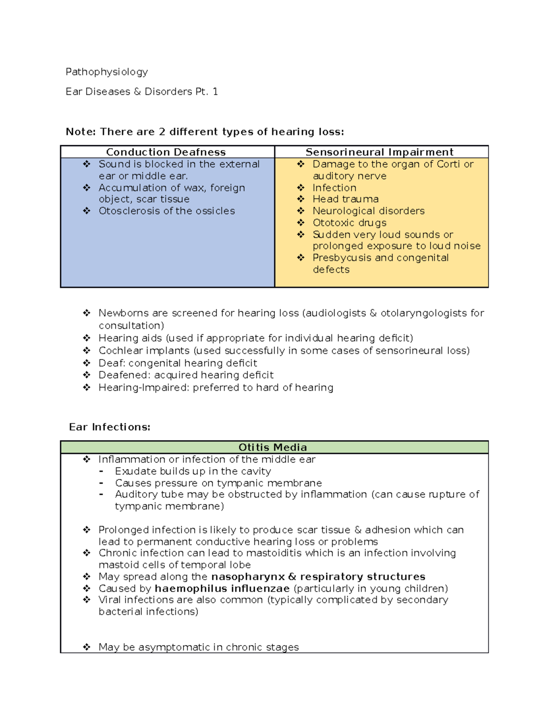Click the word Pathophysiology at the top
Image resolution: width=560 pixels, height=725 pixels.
tap(106, 72)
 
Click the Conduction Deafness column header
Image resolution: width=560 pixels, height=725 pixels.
tap(166, 152)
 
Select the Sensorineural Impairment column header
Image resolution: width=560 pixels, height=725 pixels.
tap(379, 152)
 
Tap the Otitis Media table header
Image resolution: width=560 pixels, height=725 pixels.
tap(273, 447)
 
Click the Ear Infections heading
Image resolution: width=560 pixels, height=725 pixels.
tap(110, 427)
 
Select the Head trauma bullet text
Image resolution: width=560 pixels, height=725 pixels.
tap(345, 199)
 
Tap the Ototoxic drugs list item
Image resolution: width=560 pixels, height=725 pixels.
tap(349, 223)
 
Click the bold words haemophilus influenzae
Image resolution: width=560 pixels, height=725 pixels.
tap(222, 588)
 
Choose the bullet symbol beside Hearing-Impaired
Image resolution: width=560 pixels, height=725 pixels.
tap(86, 387)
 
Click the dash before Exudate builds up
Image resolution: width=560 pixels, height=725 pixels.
tap(101, 472)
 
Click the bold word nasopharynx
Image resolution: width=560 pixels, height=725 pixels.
tap(248, 577)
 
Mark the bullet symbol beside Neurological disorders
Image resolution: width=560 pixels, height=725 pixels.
tap(301, 211)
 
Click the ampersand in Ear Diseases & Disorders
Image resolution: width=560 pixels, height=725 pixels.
tap(137, 92)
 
